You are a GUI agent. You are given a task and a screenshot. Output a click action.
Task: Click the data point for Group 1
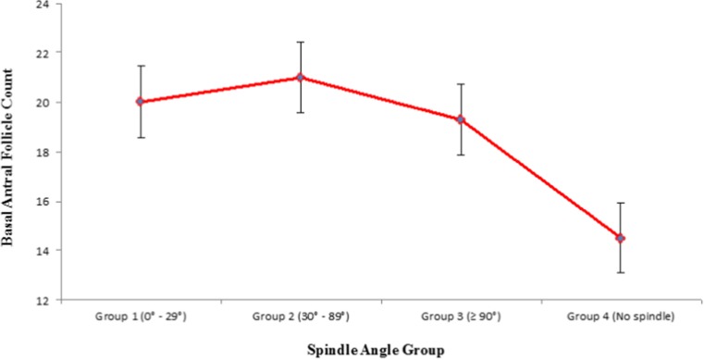140,102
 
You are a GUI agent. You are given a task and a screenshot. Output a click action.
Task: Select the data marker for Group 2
300,77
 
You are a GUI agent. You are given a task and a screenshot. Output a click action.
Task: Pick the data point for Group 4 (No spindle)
620,238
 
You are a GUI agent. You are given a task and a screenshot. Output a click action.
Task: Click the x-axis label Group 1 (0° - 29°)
140,315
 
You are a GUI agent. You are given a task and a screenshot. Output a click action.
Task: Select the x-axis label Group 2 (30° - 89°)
300,315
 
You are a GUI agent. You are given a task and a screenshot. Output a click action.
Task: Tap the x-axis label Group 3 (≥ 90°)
460,315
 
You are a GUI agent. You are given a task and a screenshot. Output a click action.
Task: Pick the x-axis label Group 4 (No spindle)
620,315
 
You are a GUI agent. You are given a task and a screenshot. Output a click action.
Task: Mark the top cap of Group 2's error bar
300,42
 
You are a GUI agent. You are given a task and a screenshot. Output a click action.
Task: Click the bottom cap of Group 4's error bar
620,273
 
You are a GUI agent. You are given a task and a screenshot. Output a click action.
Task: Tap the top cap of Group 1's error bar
140,66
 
